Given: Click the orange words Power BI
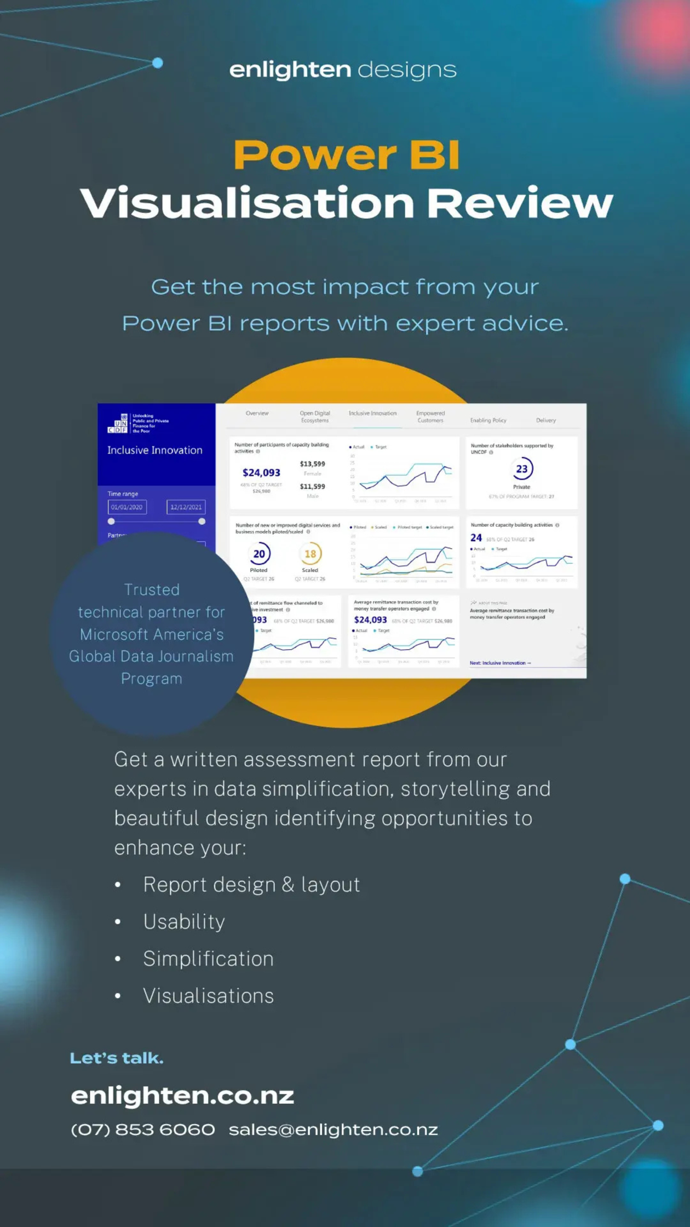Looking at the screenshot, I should (346, 155).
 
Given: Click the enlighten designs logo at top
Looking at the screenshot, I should (343, 70).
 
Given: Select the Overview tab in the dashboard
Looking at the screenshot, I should (257, 414).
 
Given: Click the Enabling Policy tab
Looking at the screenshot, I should (488, 421).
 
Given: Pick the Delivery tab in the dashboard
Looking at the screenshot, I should (545, 421).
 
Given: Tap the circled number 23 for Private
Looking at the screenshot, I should (521, 469).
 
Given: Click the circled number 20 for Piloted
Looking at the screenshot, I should (259, 554).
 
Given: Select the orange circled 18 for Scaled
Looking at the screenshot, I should (310, 554).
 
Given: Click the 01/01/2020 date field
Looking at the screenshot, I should (127, 507).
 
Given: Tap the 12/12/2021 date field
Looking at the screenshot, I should (186, 507).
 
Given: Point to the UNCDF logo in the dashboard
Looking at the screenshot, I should (117, 423).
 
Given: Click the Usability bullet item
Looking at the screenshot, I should (184, 922).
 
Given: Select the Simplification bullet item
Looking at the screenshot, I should (208, 959).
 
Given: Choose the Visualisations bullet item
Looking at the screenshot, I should (208, 996).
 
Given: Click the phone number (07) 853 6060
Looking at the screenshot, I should (143, 1129).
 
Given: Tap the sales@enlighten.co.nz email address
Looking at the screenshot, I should (333, 1129).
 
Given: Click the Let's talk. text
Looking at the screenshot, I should (117, 1058).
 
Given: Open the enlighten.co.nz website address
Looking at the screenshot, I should (182, 1096).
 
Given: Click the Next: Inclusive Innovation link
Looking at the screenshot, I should (500, 663).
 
